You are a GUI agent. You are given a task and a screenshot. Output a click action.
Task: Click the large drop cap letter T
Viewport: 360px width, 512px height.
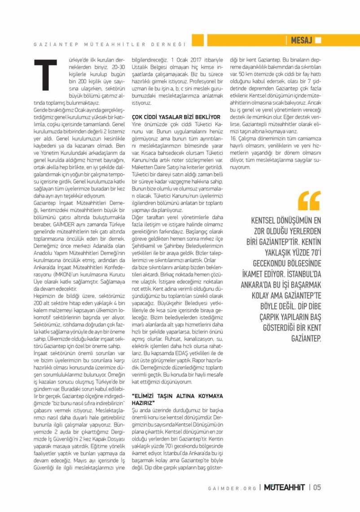tap(46, 75)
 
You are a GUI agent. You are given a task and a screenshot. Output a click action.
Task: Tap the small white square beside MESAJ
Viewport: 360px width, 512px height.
tap(318, 40)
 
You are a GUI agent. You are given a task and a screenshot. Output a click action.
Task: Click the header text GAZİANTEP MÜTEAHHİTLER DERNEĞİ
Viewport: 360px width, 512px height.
tap(110, 44)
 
